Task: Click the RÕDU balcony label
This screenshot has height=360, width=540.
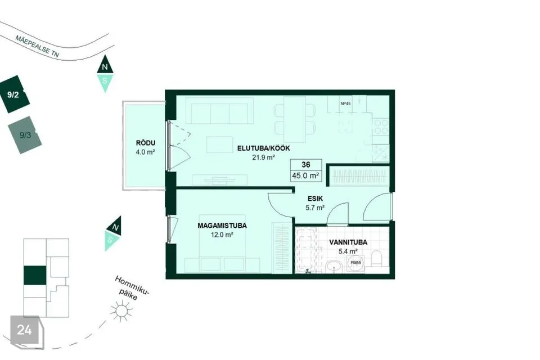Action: (x=146, y=143)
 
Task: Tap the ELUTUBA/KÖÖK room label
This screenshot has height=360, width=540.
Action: (x=263, y=148)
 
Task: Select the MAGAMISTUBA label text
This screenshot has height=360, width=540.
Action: (x=222, y=226)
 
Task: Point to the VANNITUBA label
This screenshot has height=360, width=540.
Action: (x=348, y=242)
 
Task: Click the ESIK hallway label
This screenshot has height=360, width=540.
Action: (x=315, y=199)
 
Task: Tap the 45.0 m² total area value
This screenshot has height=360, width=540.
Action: (x=305, y=175)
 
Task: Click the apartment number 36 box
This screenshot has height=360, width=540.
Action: (x=306, y=165)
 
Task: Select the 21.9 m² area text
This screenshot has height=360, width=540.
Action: (x=263, y=157)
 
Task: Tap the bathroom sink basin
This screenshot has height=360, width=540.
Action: (x=333, y=266)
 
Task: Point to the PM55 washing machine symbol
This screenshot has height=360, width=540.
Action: (x=355, y=263)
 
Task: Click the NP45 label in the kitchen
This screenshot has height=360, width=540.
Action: (x=345, y=103)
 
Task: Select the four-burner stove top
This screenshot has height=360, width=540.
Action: (x=381, y=126)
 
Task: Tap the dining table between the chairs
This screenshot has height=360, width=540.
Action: (x=295, y=119)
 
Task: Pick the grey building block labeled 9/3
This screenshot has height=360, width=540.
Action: (x=25, y=135)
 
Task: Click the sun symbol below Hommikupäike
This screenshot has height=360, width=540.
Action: (x=121, y=311)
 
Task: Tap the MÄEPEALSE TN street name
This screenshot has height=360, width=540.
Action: (x=37, y=46)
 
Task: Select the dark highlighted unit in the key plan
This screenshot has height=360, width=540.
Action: (x=35, y=276)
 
